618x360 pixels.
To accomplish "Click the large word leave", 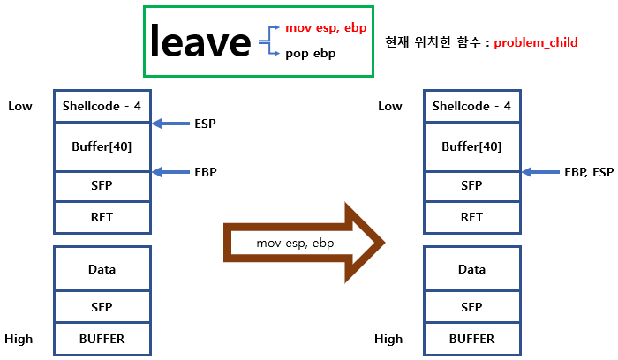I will coord(200,41).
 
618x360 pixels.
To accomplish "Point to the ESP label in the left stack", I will coord(205,124).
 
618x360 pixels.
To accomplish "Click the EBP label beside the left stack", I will coord(205,171).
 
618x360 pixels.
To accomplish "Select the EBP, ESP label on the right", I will coord(588,171).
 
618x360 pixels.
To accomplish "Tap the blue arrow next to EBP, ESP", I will coord(541,171).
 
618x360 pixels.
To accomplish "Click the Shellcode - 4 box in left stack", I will coord(102,106).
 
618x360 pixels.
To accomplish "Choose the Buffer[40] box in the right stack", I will coord(471,146).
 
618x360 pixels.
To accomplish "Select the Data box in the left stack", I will coord(102,269).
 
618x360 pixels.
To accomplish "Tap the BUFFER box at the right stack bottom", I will coord(471,339).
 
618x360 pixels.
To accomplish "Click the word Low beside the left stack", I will coord(20,107).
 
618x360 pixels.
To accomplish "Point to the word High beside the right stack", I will coord(388,339).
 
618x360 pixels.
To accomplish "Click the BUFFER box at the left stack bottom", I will coord(102,339).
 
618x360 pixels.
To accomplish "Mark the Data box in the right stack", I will coord(471,269).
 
